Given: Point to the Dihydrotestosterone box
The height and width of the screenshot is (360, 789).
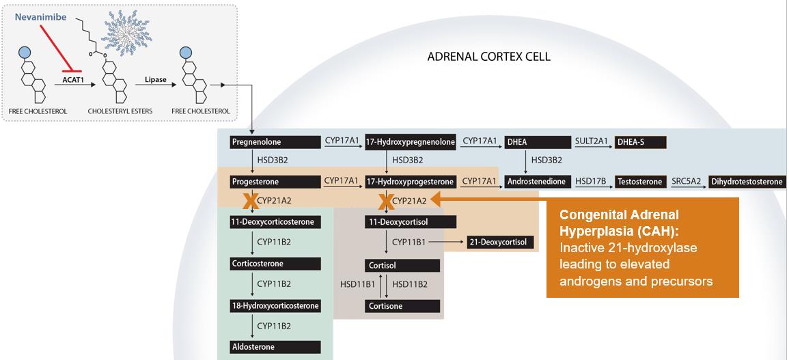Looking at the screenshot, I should (x=747, y=182).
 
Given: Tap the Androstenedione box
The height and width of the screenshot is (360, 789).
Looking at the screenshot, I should (x=538, y=182).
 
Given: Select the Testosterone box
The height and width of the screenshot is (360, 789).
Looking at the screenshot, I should (x=640, y=182).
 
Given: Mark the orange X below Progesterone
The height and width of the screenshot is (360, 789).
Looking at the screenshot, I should (x=249, y=200).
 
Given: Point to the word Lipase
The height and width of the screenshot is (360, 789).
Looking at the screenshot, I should (x=156, y=79).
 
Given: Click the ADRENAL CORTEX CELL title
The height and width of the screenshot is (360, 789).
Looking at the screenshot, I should (x=488, y=57).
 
